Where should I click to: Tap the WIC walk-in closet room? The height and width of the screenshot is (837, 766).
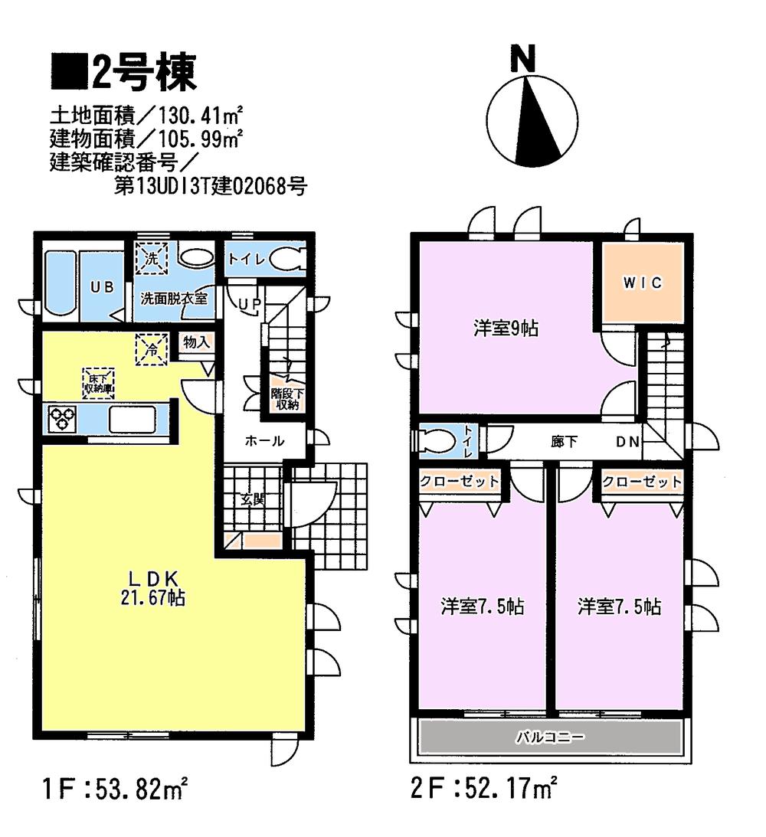(641, 283)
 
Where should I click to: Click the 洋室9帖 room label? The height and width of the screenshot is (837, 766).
(506, 329)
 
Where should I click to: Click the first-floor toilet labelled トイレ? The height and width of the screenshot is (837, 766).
(265, 260)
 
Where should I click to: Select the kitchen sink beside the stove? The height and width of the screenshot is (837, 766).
(133, 420)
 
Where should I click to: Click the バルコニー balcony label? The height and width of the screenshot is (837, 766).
(548, 738)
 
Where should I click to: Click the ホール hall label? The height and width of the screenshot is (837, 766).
(265, 441)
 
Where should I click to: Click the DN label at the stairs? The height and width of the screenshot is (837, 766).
(627, 442)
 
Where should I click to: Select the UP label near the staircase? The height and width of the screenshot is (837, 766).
(250, 305)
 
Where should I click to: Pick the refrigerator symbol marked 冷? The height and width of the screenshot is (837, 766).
(150, 348)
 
